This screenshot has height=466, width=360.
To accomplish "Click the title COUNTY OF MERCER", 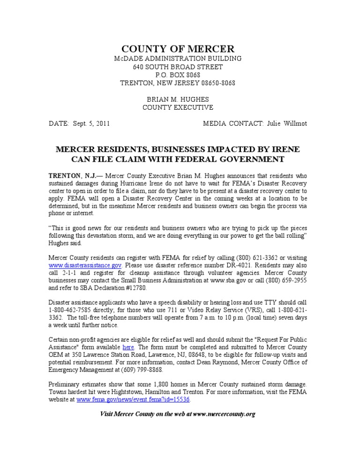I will (178, 49).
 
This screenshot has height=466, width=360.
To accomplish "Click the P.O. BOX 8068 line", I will (178, 75).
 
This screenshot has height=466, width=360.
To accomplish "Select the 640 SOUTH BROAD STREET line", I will (178, 67).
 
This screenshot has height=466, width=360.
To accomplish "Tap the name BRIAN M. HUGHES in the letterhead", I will (178, 99).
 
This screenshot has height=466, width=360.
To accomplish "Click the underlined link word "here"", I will (128, 347).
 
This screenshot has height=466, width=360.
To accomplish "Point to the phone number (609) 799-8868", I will (141, 370).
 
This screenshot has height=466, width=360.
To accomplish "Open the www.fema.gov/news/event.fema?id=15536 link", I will (133, 400).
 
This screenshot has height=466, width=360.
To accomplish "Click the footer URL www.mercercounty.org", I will (224, 414).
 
